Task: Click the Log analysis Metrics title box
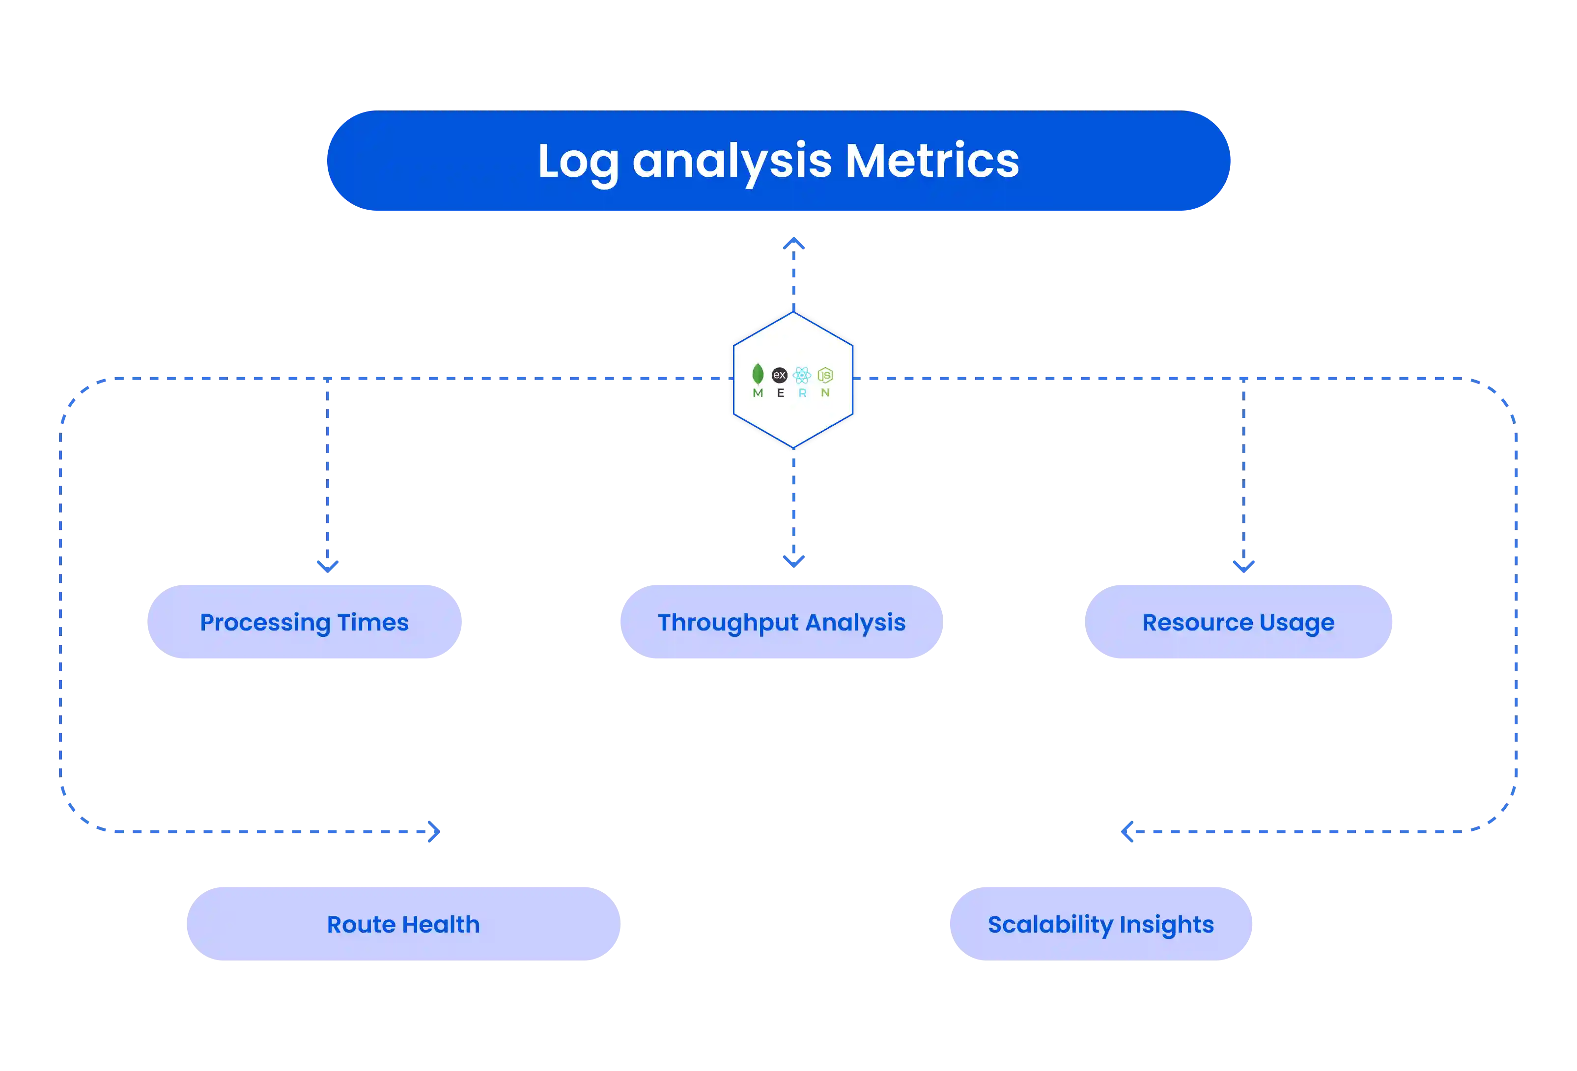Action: pyautogui.click(x=778, y=161)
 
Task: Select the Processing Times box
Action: pyautogui.click(x=304, y=621)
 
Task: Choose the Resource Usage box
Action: pyautogui.click(x=1239, y=621)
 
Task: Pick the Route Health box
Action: pyautogui.click(x=403, y=924)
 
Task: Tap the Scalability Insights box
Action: pyautogui.click(x=1100, y=924)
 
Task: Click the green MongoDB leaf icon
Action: pyautogui.click(x=758, y=374)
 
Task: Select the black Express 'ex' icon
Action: pyautogui.click(x=780, y=374)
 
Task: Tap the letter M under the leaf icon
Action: pyautogui.click(x=758, y=393)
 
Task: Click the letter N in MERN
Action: pyautogui.click(x=825, y=393)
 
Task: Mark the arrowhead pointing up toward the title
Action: pyautogui.click(x=793, y=243)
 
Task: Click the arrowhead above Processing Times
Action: pyautogui.click(x=328, y=565)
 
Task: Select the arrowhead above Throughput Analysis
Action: pyautogui.click(x=793, y=562)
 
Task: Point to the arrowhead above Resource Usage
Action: pyautogui.click(x=1243, y=565)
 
